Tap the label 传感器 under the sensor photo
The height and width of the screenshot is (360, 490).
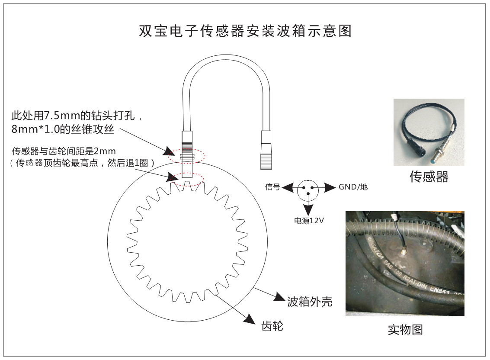tap(429, 177)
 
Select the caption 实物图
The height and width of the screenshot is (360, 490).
tap(405, 330)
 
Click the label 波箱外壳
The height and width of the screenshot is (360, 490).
tap(310, 302)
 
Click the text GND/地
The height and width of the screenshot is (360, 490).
tap(353, 187)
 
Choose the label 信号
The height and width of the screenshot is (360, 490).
tap(273, 187)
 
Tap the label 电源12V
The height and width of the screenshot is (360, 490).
tap(309, 221)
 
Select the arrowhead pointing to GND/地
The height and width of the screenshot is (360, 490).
tap(330, 187)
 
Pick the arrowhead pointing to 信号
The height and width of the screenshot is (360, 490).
tap(287, 187)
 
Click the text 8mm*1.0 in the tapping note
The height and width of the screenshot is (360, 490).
tap(35, 129)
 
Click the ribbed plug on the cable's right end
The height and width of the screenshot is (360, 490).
tap(266, 150)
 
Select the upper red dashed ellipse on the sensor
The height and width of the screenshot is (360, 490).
tap(187, 155)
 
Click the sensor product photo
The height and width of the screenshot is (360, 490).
tap(429, 132)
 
